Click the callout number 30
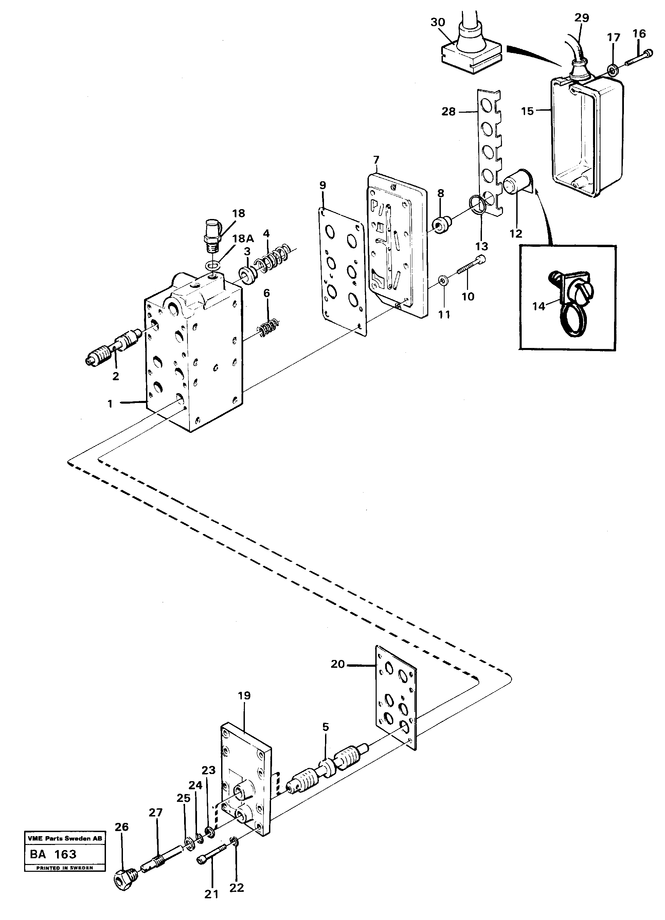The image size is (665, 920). click(x=438, y=22)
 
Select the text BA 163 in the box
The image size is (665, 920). click(x=53, y=854)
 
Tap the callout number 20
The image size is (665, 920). click(x=338, y=664)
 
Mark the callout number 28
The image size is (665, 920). click(x=449, y=112)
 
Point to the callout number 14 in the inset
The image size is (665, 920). click(x=538, y=307)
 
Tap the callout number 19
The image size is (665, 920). click(x=244, y=696)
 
